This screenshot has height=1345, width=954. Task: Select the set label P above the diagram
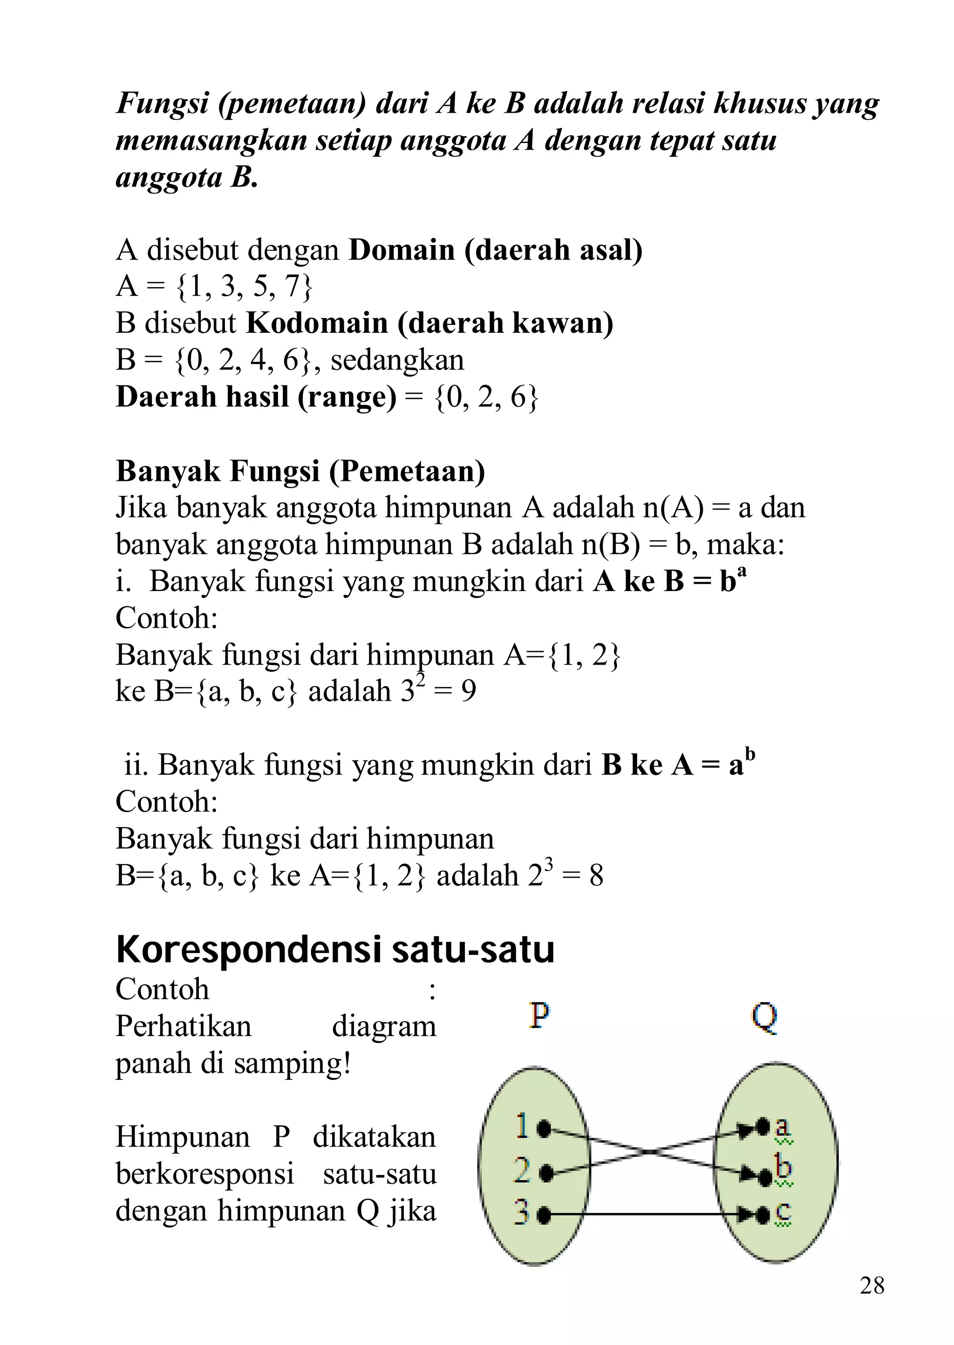(539, 1016)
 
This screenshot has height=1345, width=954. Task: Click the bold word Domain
(402, 250)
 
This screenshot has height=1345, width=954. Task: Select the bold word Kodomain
(317, 323)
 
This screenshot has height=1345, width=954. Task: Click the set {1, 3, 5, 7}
(245, 287)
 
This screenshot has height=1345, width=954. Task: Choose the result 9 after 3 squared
(468, 692)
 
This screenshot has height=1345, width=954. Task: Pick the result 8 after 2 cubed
(596, 876)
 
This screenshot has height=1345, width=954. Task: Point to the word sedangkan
(397, 360)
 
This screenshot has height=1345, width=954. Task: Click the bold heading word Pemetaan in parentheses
(407, 471)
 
